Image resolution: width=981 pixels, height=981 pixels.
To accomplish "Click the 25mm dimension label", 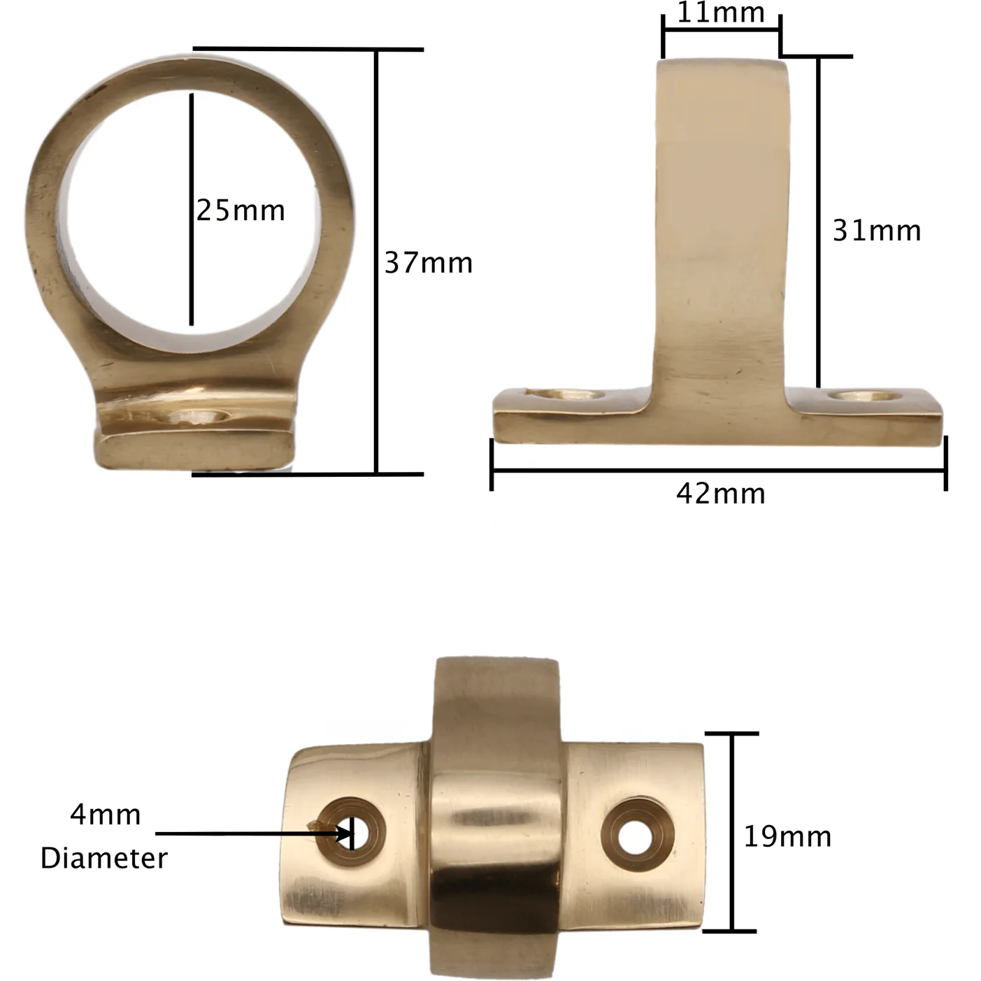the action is click(x=241, y=210).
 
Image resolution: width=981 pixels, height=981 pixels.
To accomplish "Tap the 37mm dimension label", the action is click(x=429, y=263).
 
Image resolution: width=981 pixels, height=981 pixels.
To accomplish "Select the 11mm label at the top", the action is click(x=721, y=12).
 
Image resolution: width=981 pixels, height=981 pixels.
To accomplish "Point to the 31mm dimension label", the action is click(x=877, y=231).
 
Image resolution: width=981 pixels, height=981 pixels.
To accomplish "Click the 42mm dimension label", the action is click(x=721, y=494).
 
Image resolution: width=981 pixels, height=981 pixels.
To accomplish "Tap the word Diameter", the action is click(x=104, y=859).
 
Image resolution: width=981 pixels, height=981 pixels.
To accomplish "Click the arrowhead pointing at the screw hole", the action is click(x=345, y=834).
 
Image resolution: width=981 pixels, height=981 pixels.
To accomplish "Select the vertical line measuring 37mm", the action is click(x=376, y=262).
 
